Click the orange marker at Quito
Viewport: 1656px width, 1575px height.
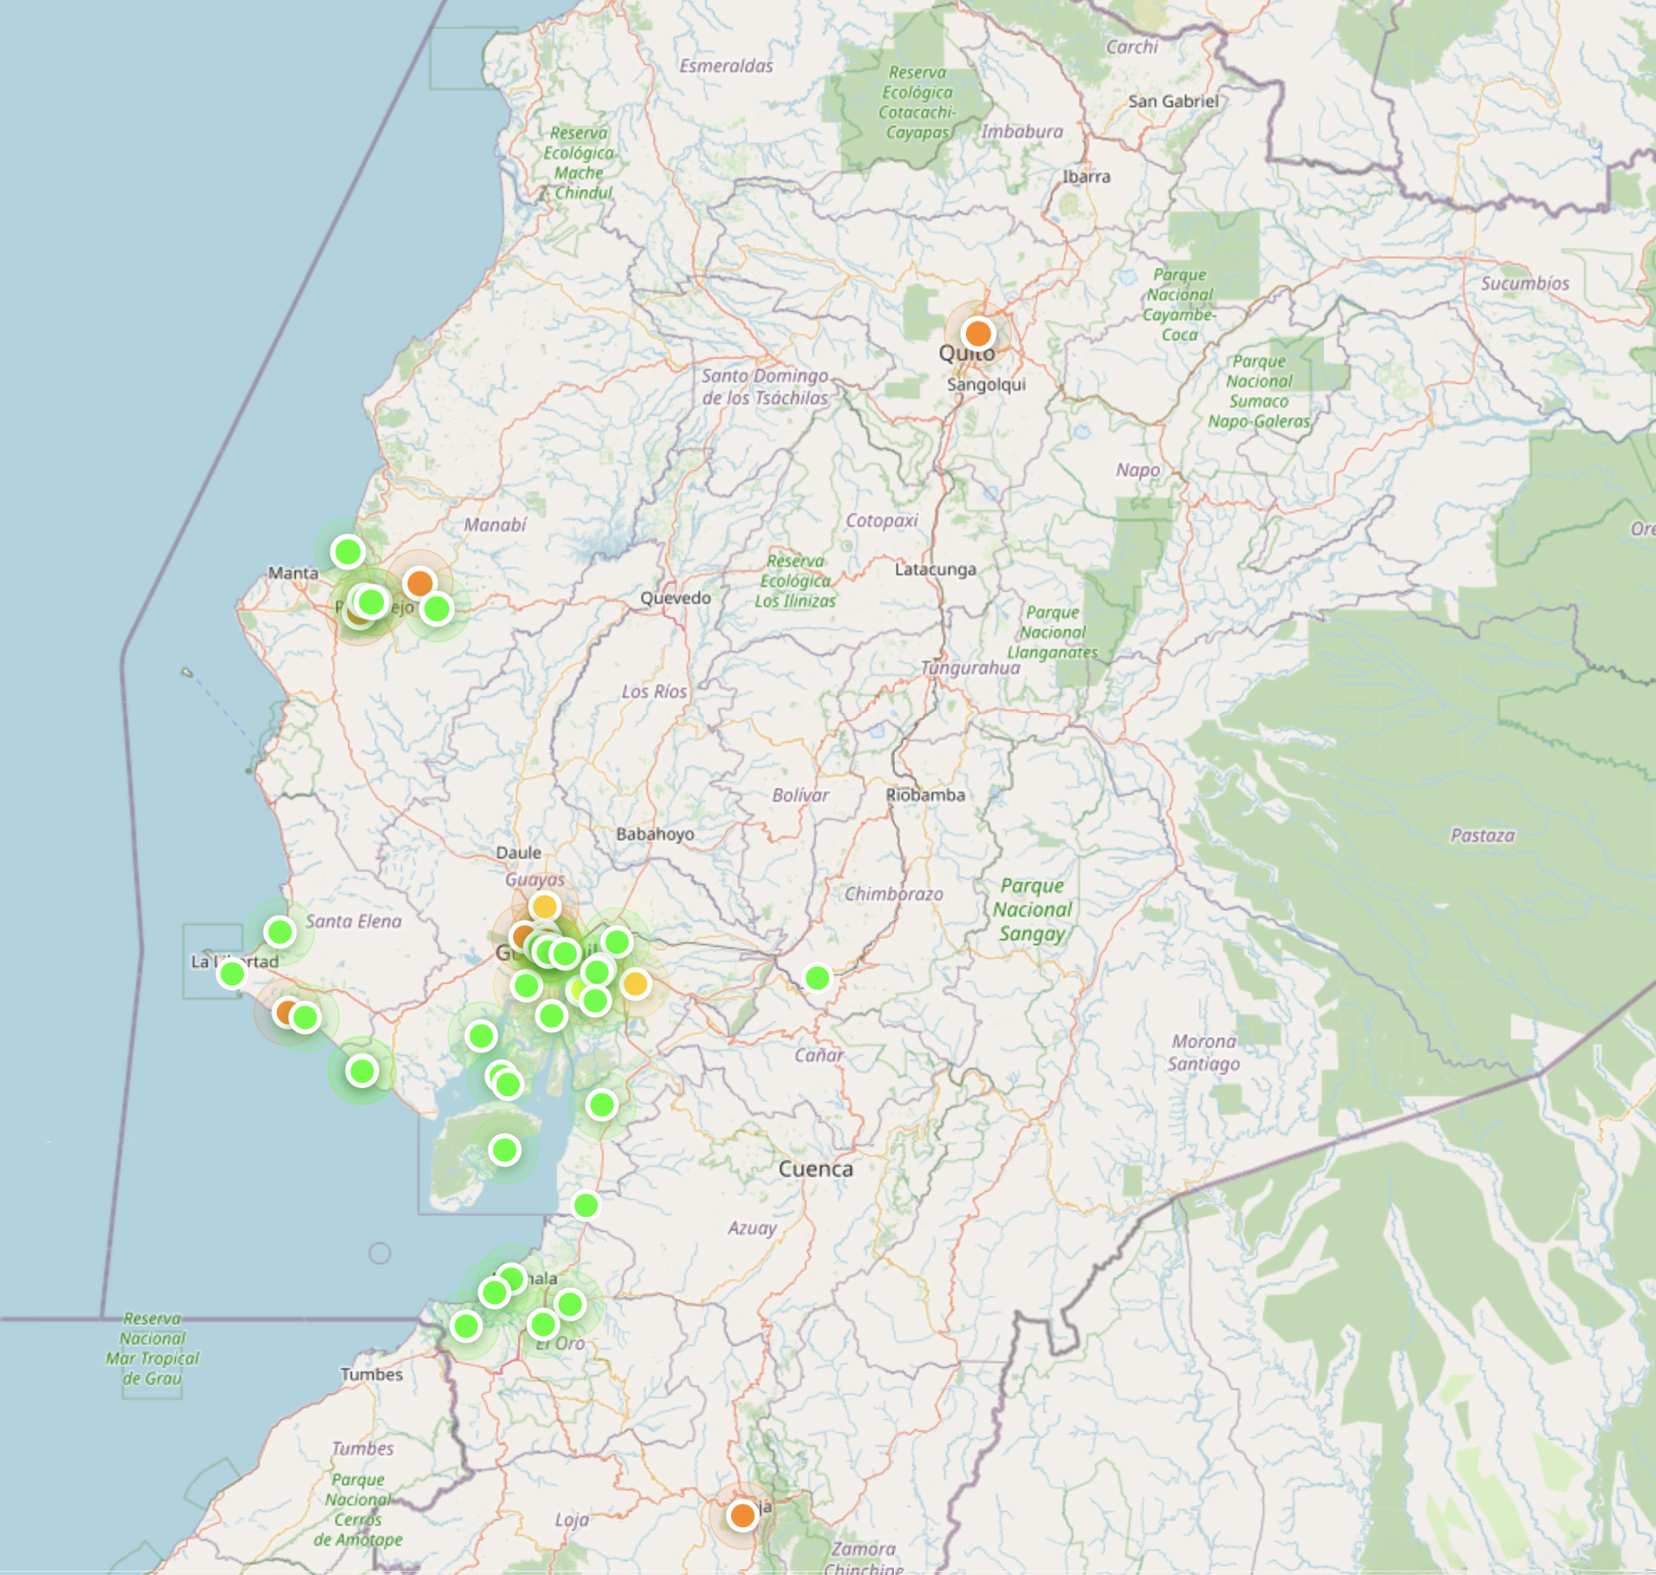pyautogui.click(x=978, y=333)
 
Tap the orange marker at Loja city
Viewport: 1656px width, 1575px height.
pyautogui.click(x=742, y=1515)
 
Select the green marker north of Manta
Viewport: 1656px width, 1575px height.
pyautogui.click(x=347, y=552)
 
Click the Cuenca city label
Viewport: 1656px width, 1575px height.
pyautogui.click(x=815, y=1168)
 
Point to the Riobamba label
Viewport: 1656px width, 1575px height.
pyautogui.click(x=925, y=794)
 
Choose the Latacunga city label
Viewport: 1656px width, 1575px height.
pyautogui.click(x=935, y=569)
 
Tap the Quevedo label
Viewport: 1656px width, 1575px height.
pyautogui.click(x=675, y=598)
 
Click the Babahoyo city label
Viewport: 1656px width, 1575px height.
pyautogui.click(x=655, y=834)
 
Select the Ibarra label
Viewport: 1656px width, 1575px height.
pyautogui.click(x=1086, y=176)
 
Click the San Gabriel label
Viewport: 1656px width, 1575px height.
pyautogui.click(x=1172, y=101)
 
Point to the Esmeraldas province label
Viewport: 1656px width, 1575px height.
pyautogui.click(x=726, y=65)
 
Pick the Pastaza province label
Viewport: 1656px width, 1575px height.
pyautogui.click(x=1482, y=835)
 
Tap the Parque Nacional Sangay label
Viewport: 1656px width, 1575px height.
pyautogui.click(x=1031, y=909)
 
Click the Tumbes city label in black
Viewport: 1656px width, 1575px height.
pyautogui.click(x=371, y=1375)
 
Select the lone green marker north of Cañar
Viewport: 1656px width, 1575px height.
pyautogui.click(x=817, y=977)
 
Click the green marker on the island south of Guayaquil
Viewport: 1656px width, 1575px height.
pyautogui.click(x=505, y=1149)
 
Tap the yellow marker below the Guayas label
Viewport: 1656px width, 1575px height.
pyautogui.click(x=545, y=907)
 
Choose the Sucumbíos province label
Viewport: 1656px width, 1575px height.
pyautogui.click(x=1524, y=283)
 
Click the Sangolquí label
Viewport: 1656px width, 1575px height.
pyautogui.click(x=986, y=384)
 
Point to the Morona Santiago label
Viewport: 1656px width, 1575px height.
pyautogui.click(x=1203, y=1052)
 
